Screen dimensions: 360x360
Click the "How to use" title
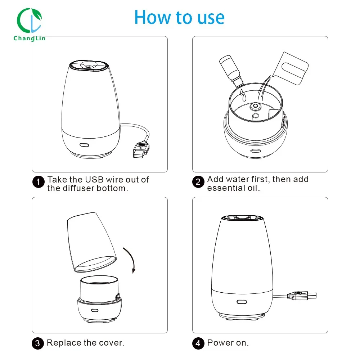pyautogui.click(x=179, y=17)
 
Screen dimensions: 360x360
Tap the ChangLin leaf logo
pyautogui.click(x=30, y=21)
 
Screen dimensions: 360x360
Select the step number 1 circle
pyautogui.click(x=39, y=182)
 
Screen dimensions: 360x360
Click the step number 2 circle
pyautogui.click(x=198, y=182)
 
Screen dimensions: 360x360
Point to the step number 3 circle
pyautogui.click(x=38, y=343)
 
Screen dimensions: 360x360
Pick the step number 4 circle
pyautogui.click(x=198, y=343)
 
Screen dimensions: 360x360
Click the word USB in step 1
pyautogui.click(x=94, y=180)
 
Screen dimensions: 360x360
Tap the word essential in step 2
pyautogui.click(x=226, y=188)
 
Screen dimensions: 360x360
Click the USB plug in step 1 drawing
pyautogui.click(x=141, y=150)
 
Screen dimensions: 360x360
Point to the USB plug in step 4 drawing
pyautogui.click(x=302, y=296)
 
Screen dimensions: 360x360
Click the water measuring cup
pyautogui.click(x=291, y=68)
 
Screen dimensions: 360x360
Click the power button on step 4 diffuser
pyautogui.click(x=242, y=302)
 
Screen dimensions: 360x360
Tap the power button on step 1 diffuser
pyautogui.click(x=84, y=145)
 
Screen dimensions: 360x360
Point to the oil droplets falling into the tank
pyautogui.click(x=243, y=95)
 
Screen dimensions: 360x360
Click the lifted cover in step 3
pyautogui.click(x=91, y=242)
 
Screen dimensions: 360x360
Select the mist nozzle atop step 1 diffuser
pyautogui.click(x=89, y=65)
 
